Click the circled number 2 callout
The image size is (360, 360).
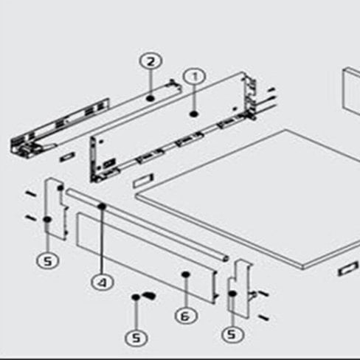pos(151,61)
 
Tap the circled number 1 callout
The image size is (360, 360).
pos(194,77)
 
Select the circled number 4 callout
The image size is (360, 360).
pos(103,282)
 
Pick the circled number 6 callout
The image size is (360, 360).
pos(186,316)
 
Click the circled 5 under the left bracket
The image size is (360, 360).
pos(48,260)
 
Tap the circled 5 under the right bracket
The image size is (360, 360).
pos(232,334)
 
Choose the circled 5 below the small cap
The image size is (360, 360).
pos(136,338)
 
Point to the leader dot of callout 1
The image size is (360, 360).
pos(194,114)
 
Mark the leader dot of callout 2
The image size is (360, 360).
pos(150,98)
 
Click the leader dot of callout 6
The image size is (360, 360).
pos(186,274)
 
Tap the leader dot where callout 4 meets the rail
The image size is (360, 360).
pos(102,206)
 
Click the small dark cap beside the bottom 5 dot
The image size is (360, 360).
pos(149,295)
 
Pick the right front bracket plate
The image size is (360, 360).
pos(240,288)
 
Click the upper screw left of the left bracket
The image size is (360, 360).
pos(31,194)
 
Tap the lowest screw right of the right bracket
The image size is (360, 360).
pos(263,318)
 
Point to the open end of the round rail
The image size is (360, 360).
pos(226,258)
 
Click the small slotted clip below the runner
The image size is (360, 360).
pos(67,157)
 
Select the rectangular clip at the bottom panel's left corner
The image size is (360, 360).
pos(143,181)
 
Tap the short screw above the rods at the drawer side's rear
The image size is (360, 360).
pos(271,90)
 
